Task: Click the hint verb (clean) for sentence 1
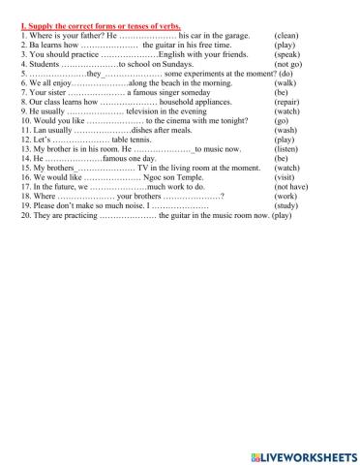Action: [x=290, y=34]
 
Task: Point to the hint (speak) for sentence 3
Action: [x=290, y=55]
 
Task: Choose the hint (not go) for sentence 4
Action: [x=290, y=65]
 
